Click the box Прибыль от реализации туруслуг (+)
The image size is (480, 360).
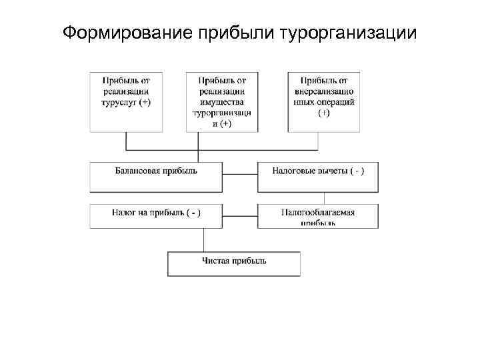tap(126, 100)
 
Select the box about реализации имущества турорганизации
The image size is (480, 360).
tap(222, 100)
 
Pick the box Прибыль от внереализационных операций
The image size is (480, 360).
tap(323, 100)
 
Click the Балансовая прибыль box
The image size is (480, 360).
tap(156, 176)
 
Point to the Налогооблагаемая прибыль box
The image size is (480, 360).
tap(318, 216)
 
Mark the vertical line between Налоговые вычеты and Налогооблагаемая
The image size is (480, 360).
tap(324, 197)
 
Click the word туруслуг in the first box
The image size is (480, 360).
tap(120, 103)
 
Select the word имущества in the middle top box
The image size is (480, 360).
tap(222, 102)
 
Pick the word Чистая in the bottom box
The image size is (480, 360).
tap(216, 261)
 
